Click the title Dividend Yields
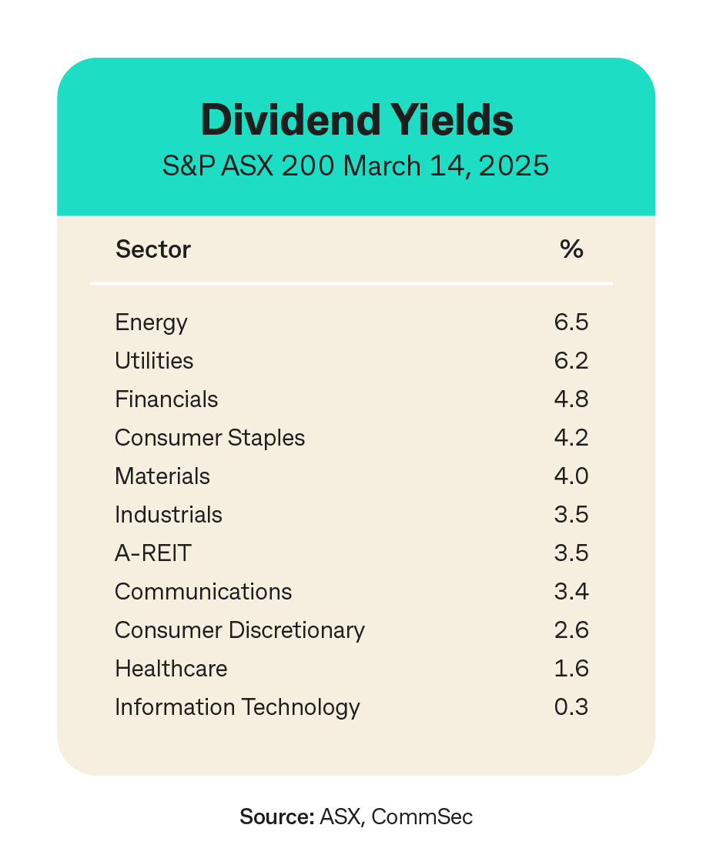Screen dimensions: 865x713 pyautogui.click(x=356, y=120)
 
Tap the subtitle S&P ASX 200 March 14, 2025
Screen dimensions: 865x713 pyautogui.click(x=356, y=166)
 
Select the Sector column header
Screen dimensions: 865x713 pyautogui.click(x=153, y=249)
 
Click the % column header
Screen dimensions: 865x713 pyautogui.click(x=571, y=249)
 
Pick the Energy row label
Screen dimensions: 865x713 pyautogui.click(x=151, y=322)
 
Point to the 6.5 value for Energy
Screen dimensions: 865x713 pyautogui.click(x=571, y=322)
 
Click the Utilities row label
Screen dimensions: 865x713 pyautogui.click(x=154, y=361)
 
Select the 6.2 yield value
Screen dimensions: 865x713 pyautogui.click(x=571, y=361)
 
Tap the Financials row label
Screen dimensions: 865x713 pyautogui.click(x=166, y=399)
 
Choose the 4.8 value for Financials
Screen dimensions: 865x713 pyautogui.click(x=571, y=399)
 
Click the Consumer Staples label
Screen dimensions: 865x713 pyautogui.click(x=209, y=438)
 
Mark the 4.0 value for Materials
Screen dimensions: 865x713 pyautogui.click(x=571, y=476)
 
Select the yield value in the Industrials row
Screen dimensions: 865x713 pyautogui.click(x=571, y=515)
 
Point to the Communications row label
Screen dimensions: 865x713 pyautogui.click(x=203, y=592)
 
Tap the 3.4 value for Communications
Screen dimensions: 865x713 pyautogui.click(x=571, y=592)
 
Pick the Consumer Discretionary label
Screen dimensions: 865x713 pyautogui.click(x=239, y=630)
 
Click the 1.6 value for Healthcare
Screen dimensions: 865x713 pyautogui.click(x=571, y=669)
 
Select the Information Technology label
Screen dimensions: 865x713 pyautogui.click(x=237, y=707)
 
